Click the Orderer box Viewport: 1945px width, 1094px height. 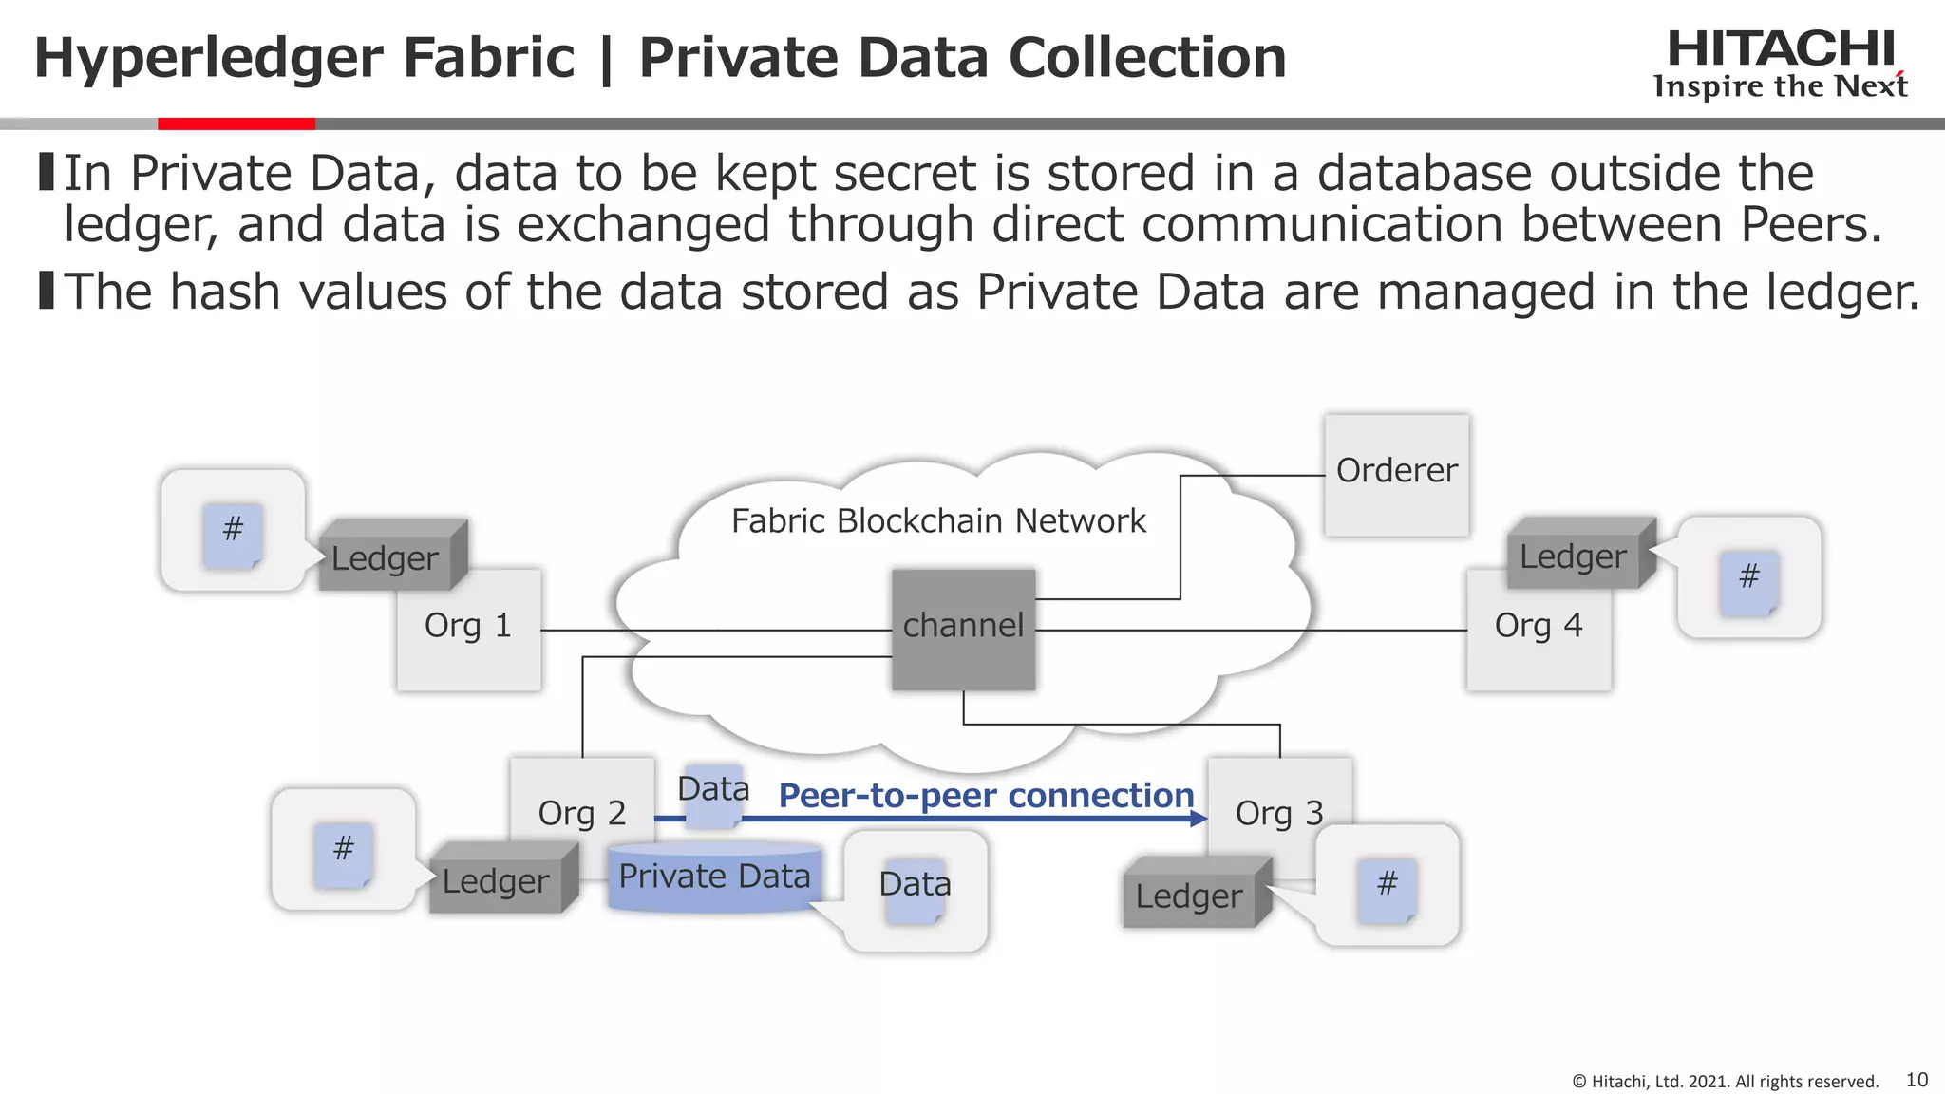(x=1396, y=475)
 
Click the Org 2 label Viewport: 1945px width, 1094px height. (x=581, y=814)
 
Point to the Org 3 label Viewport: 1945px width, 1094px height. (x=1279, y=814)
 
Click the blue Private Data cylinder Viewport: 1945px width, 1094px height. (x=714, y=877)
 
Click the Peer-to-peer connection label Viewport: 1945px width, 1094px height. (x=986, y=796)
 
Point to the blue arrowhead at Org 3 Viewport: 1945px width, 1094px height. (x=1199, y=818)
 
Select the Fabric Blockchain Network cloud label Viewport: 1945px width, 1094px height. (x=938, y=521)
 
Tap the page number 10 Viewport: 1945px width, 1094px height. (x=1917, y=1080)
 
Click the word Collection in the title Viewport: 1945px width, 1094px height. (x=1147, y=57)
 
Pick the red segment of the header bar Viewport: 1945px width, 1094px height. (x=236, y=123)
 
